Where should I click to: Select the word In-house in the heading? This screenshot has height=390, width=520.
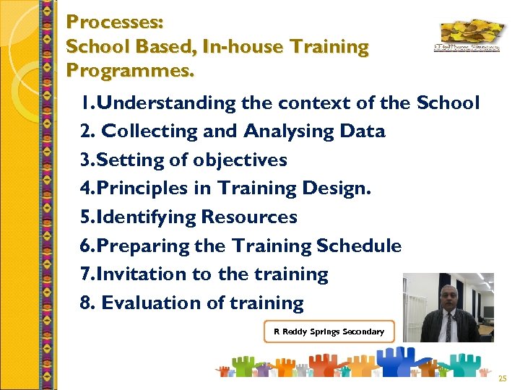click(249, 47)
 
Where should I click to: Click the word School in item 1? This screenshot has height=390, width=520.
click(448, 103)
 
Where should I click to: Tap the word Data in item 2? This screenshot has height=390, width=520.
click(365, 131)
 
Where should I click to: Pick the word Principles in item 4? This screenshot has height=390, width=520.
click(151, 188)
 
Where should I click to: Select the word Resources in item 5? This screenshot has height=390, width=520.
click(249, 217)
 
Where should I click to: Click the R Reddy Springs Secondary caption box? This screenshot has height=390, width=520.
click(329, 331)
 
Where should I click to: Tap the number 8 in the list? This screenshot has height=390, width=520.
click(87, 303)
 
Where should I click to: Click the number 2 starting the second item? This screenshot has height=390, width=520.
click(87, 131)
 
